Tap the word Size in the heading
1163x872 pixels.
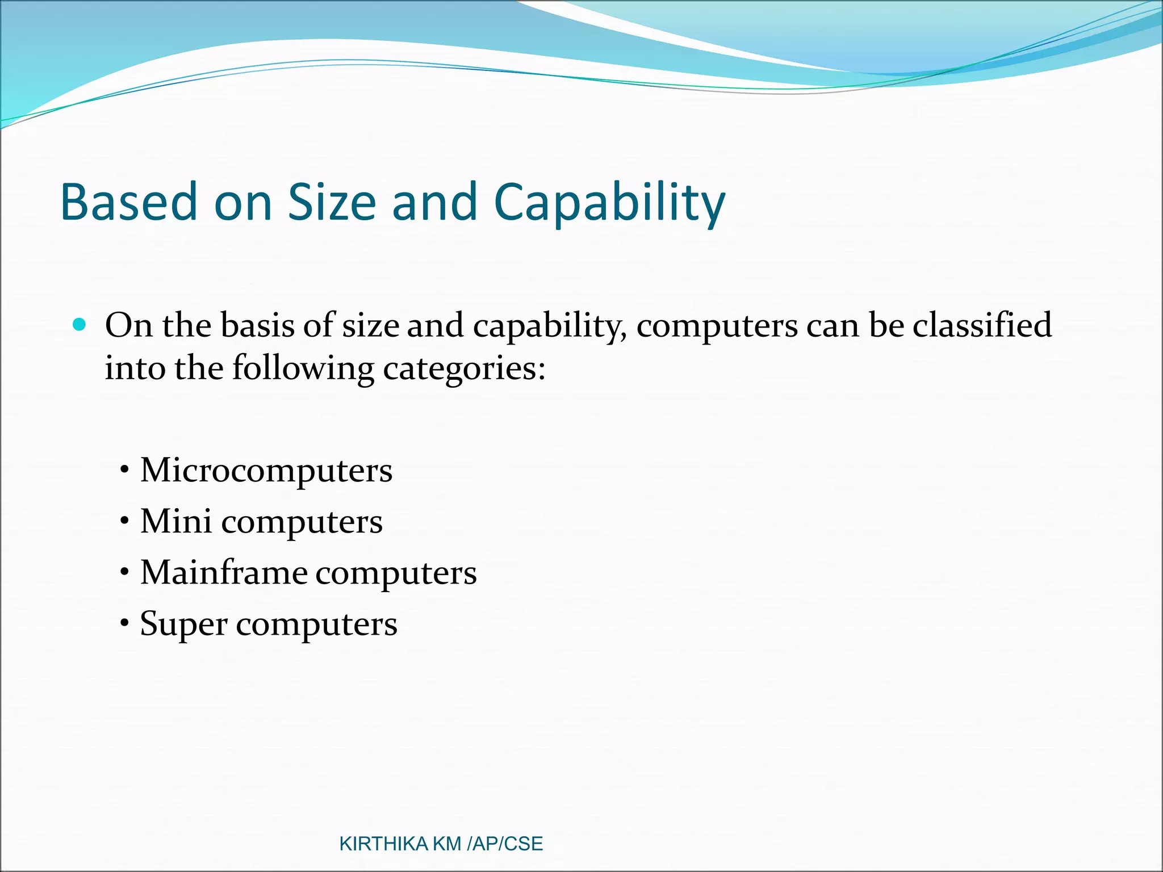(332, 202)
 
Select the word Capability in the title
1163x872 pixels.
(609, 203)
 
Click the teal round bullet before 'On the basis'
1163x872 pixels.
(80, 325)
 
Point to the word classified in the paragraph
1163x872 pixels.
(982, 325)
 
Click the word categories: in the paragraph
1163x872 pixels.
(464, 369)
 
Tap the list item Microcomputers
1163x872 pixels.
(266, 471)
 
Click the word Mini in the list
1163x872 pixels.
(175, 521)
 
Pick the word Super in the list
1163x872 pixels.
(183, 623)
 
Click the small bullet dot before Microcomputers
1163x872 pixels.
(124, 471)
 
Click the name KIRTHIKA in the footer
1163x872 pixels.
(383, 844)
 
